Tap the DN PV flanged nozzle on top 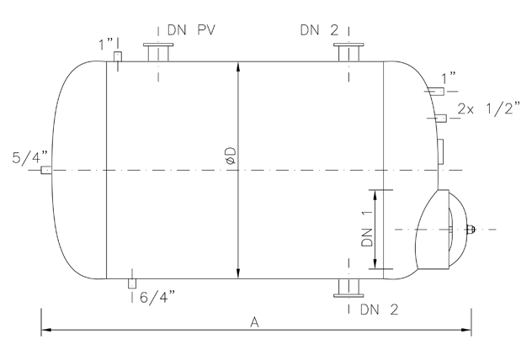pyautogui.click(x=157, y=53)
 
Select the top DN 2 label pyautogui.click(x=319, y=29)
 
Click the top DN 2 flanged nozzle pyautogui.click(x=348, y=53)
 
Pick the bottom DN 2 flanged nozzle pyautogui.click(x=348, y=288)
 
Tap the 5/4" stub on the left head pyautogui.click(x=45, y=170)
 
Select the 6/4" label pyautogui.click(x=157, y=296)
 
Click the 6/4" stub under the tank pyautogui.click(x=131, y=283)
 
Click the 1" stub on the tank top pyautogui.click(x=118, y=57)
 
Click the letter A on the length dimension pyautogui.click(x=253, y=321)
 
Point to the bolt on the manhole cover pyautogui.click(x=471, y=230)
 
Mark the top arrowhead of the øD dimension pyautogui.click(x=240, y=66)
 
